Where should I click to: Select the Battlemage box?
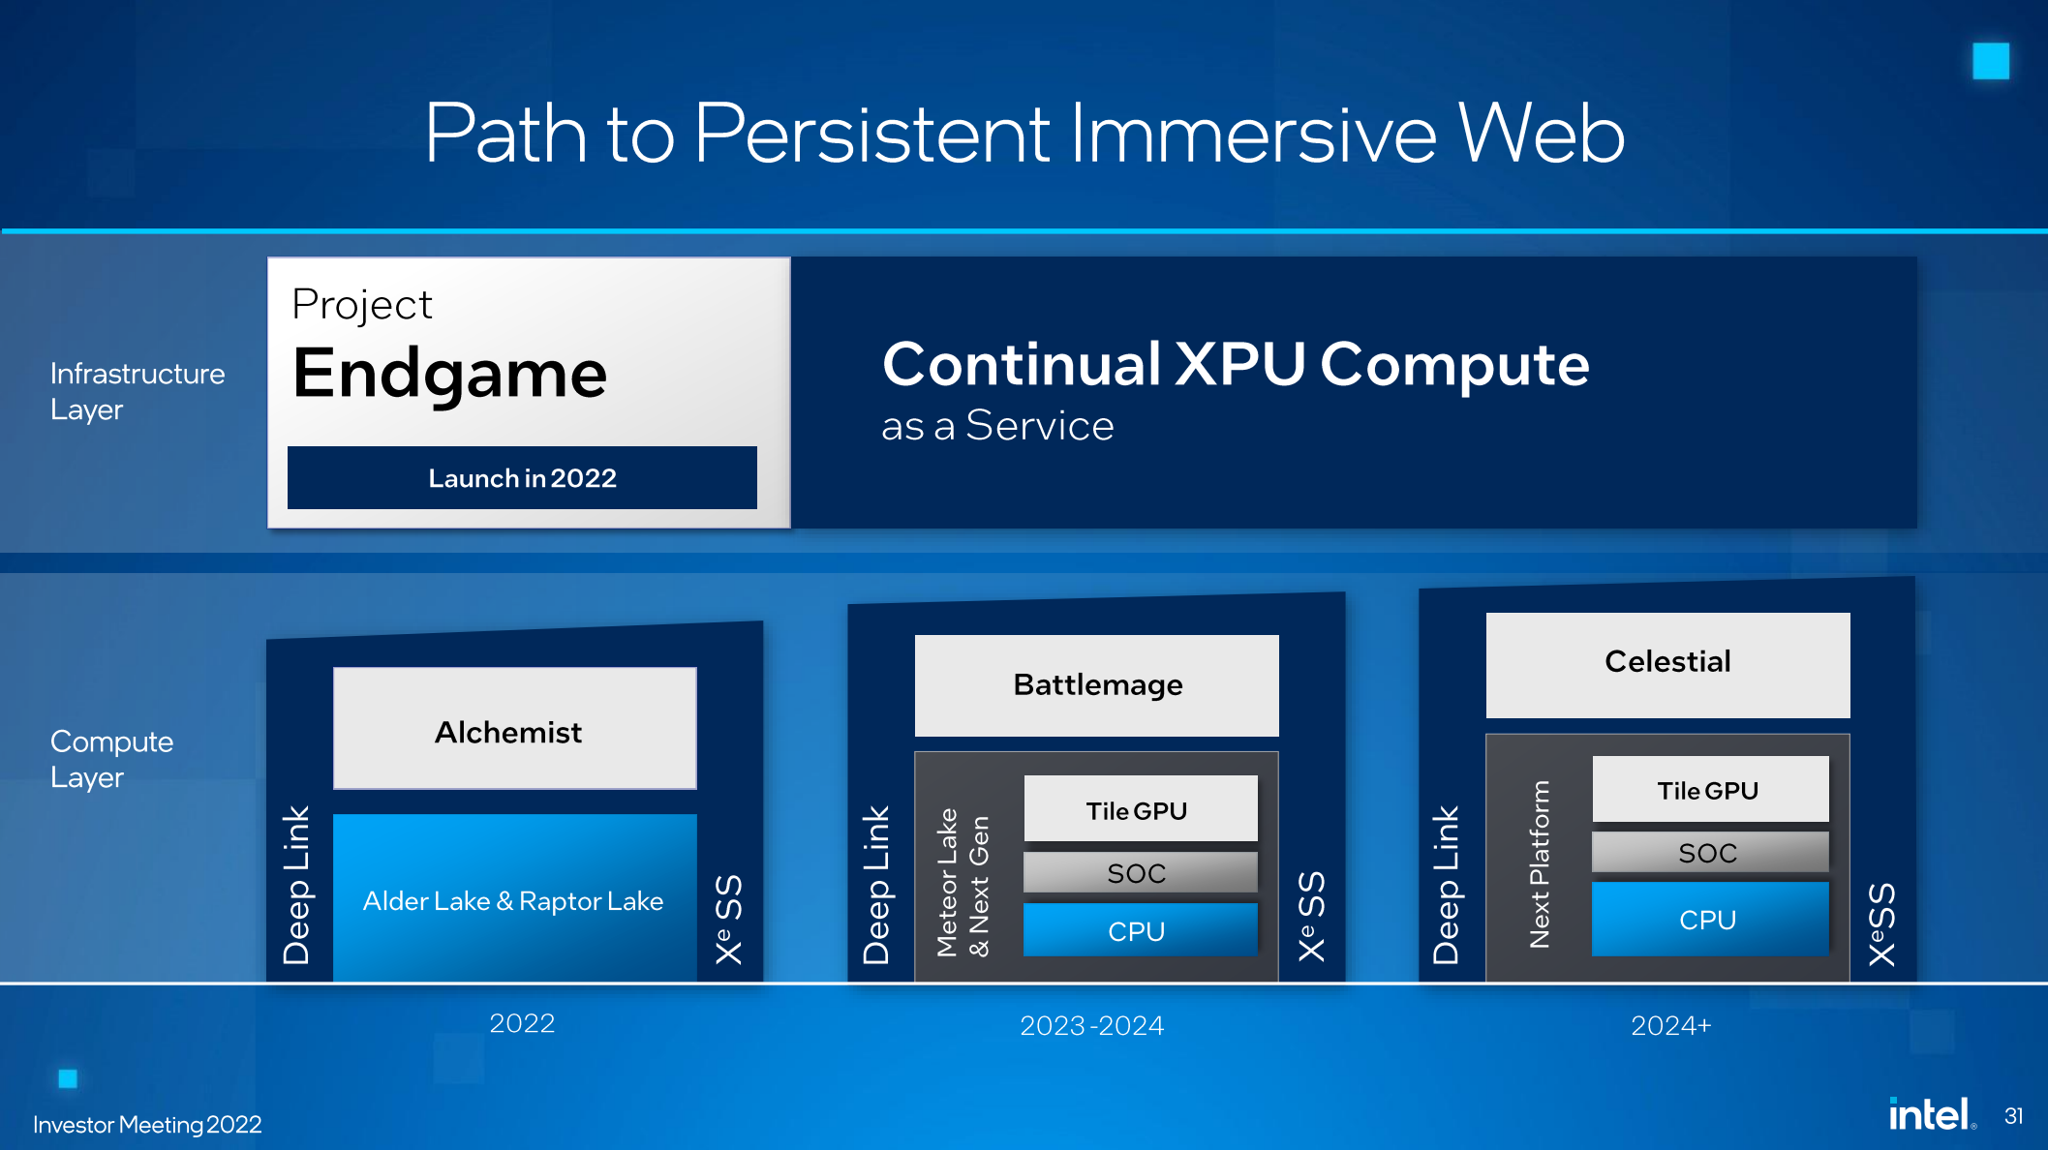coord(1096,685)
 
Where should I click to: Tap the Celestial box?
coord(1667,663)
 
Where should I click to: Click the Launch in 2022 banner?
coord(522,478)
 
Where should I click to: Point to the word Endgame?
coord(450,374)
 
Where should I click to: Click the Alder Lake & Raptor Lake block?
coord(514,899)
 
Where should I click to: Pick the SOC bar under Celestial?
coord(1709,853)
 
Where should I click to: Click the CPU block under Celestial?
coord(1709,919)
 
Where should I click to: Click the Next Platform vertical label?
coord(1540,864)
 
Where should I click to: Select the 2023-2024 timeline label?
coord(1091,1026)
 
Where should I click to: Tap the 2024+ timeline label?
coord(1670,1026)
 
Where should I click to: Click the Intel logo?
coord(1930,1115)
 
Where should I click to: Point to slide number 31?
coord(2013,1116)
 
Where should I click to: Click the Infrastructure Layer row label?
coord(137,391)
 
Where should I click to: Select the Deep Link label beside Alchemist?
coord(296,885)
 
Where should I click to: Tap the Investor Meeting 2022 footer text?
coord(147,1125)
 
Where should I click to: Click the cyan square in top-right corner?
coord(1990,61)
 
